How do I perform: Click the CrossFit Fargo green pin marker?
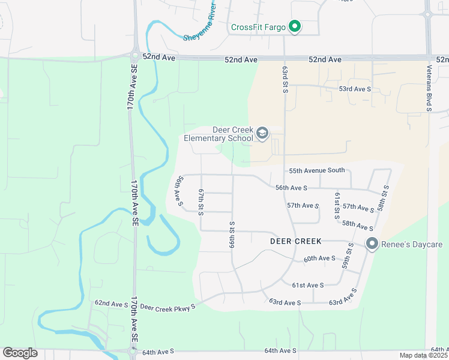294,27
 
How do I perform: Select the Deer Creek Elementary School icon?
262,133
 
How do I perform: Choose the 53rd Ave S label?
355,89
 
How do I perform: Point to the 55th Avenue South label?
317,170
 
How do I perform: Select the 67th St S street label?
202,198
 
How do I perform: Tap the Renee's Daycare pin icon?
372,244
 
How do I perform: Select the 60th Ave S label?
319,259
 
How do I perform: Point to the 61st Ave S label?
308,285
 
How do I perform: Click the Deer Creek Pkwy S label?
168,307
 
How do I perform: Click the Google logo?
19,353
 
